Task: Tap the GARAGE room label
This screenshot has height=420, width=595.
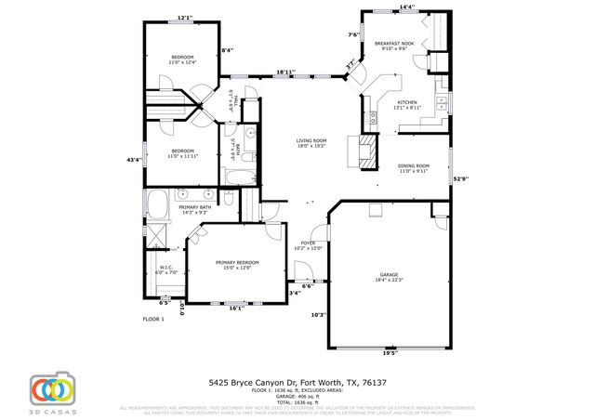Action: [388, 276]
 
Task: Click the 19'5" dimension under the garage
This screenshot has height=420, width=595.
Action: [390, 353]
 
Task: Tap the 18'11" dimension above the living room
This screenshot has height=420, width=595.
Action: [286, 71]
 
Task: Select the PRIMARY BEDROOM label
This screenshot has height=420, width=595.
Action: [237, 263]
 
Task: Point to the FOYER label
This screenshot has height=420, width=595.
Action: [308, 243]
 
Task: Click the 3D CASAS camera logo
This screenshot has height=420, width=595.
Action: [51, 387]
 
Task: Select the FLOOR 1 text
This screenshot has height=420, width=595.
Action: [152, 319]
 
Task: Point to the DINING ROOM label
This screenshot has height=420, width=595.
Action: [416, 168]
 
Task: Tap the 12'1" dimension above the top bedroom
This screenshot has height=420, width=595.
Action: [185, 17]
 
